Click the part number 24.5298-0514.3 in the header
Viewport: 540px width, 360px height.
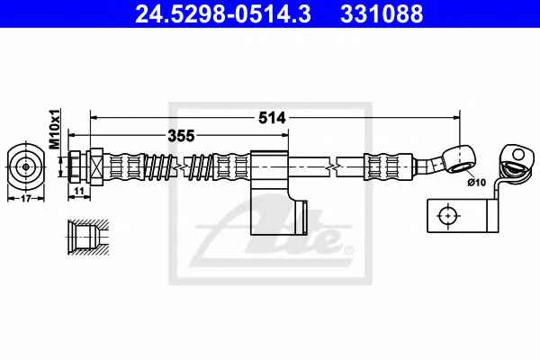pyautogui.click(x=223, y=13)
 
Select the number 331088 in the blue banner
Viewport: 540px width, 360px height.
pyautogui.click(x=382, y=13)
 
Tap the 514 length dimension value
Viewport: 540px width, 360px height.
pyautogui.click(x=272, y=118)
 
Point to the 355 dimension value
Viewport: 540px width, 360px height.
pyautogui.click(x=181, y=136)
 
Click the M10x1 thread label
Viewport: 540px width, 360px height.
pyautogui.click(x=54, y=129)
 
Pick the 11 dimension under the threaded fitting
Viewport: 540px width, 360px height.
pyautogui.click(x=79, y=191)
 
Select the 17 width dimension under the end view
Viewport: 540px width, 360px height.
pyautogui.click(x=26, y=198)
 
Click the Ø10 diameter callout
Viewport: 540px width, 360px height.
pyautogui.click(x=477, y=182)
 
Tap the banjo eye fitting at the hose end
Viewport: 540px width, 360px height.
pyautogui.click(x=460, y=158)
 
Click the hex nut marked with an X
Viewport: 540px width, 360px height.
pyautogui.click(x=96, y=166)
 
